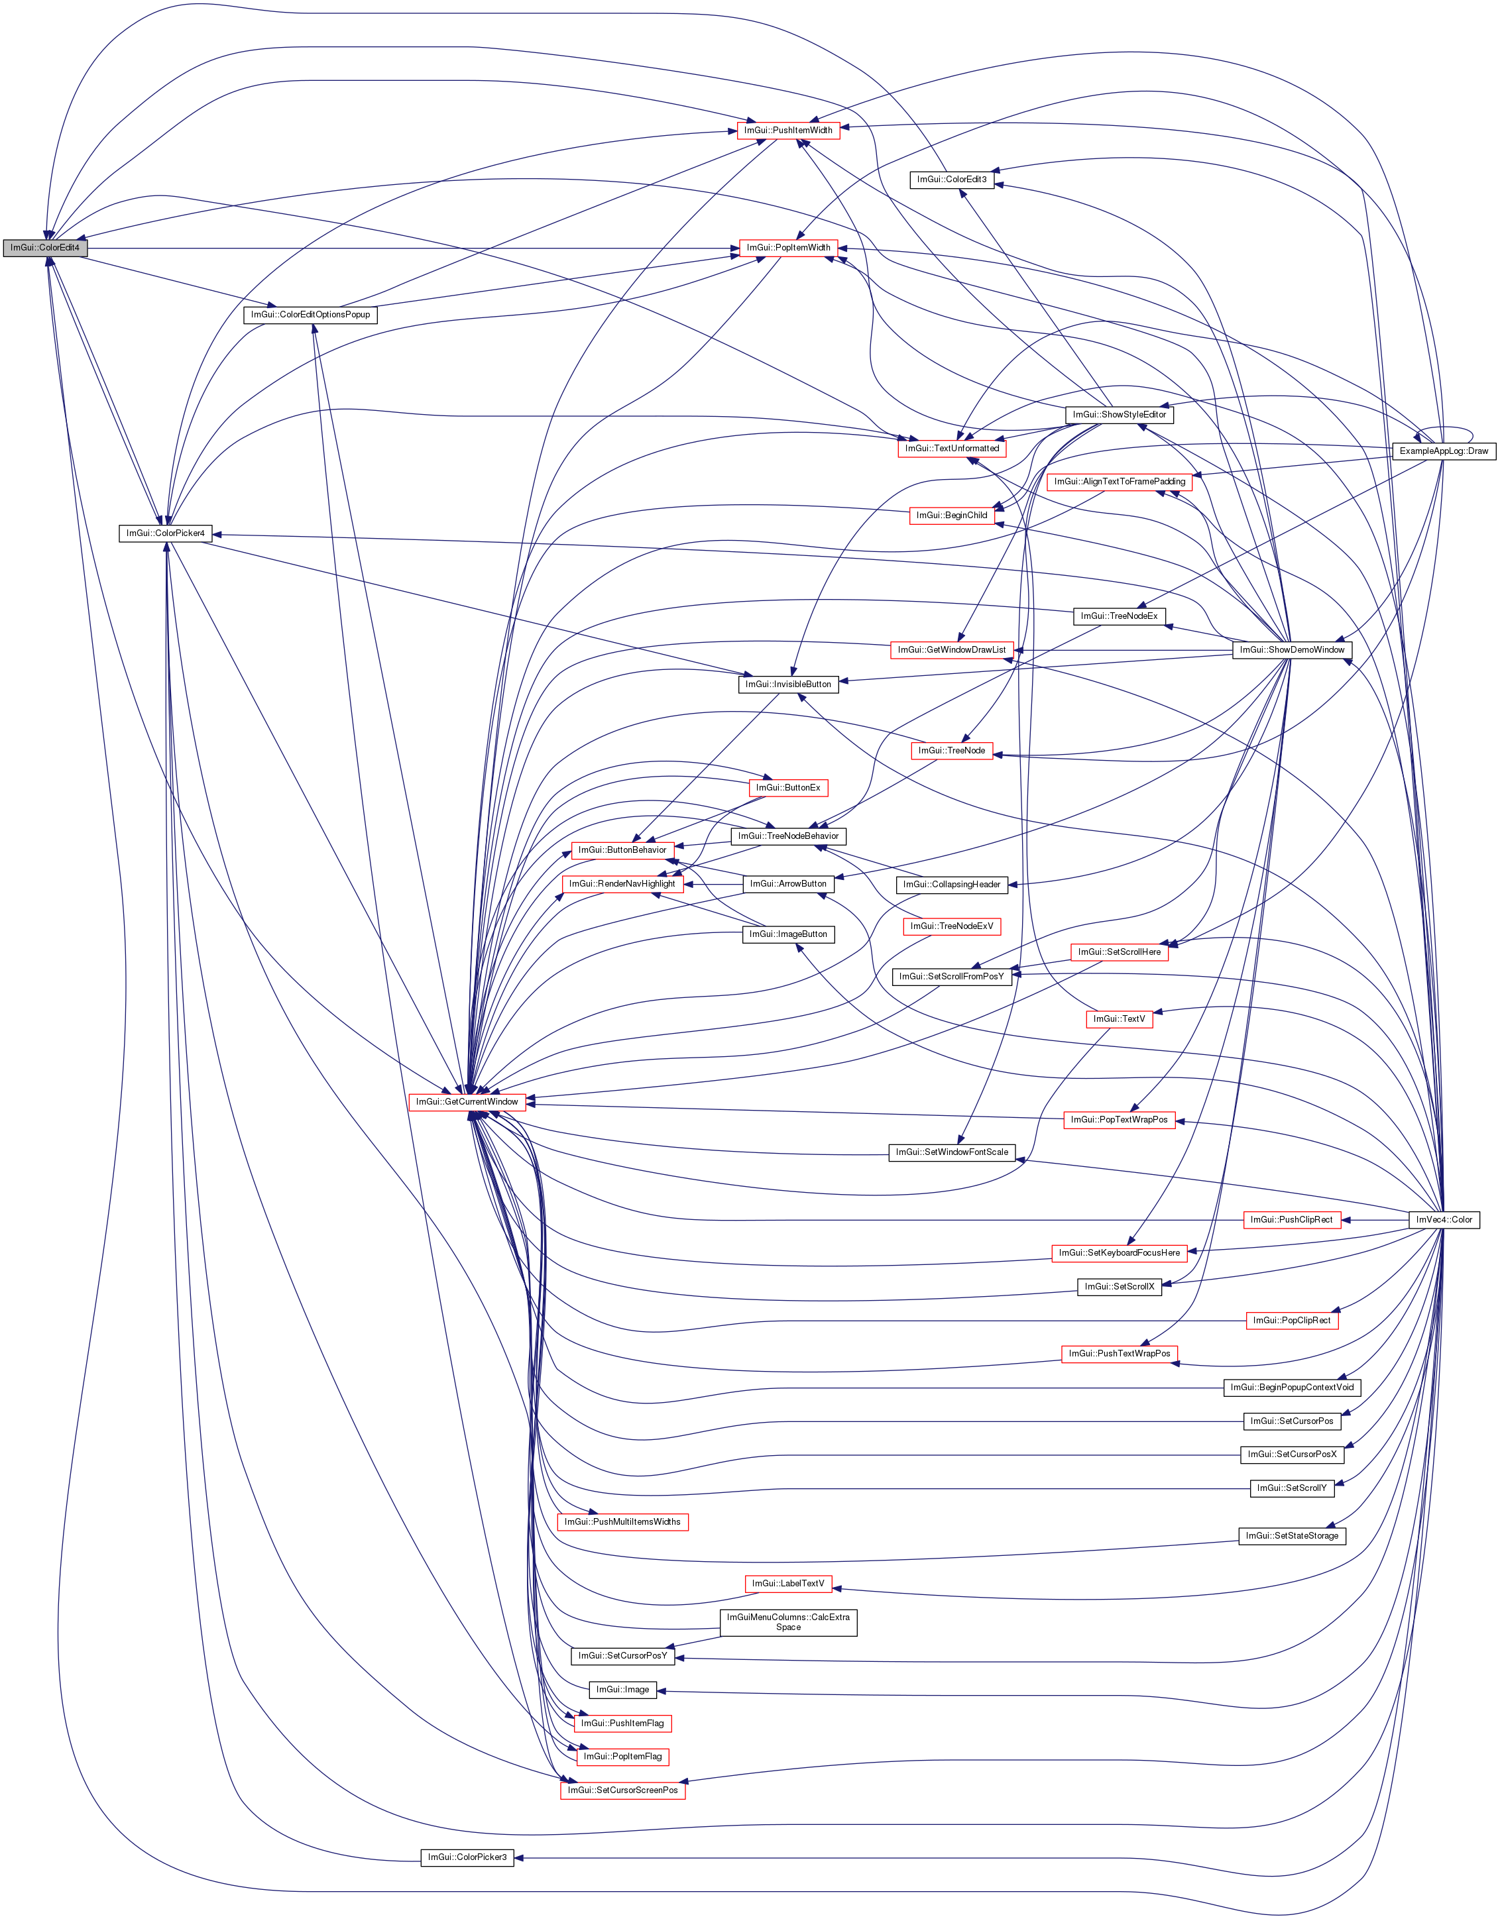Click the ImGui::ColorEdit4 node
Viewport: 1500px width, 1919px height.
(x=45, y=248)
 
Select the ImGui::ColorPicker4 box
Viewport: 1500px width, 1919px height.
(x=165, y=533)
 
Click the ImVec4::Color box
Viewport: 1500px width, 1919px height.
(x=1444, y=1219)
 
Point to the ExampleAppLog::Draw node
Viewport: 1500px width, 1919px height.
(x=1444, y=451)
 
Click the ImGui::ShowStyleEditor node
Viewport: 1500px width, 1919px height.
(x=1120, y=414)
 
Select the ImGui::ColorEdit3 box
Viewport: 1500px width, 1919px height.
(x=952, y=180)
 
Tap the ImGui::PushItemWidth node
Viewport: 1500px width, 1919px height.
(x=787, y=130)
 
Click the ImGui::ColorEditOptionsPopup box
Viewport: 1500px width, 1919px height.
(x=310, y=315)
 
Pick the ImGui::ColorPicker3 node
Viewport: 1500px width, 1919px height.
(x=467, y=1857)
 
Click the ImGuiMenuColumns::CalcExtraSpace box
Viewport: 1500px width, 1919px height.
(x=788, y=1622)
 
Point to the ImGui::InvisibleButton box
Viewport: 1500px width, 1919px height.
(x=788, y=684)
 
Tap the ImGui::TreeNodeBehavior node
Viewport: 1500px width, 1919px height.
(x=788, y=836)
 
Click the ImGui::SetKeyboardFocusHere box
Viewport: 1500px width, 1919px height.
(x=1120, y=1252)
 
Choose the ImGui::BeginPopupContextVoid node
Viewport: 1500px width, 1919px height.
(x=1292, y=1388)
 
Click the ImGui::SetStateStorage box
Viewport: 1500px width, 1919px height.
(x=1292, y=1536)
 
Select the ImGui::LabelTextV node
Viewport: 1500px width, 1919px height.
(x=788, y=1583)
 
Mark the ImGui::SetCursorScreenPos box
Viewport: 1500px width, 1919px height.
(x=622, y=1790)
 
